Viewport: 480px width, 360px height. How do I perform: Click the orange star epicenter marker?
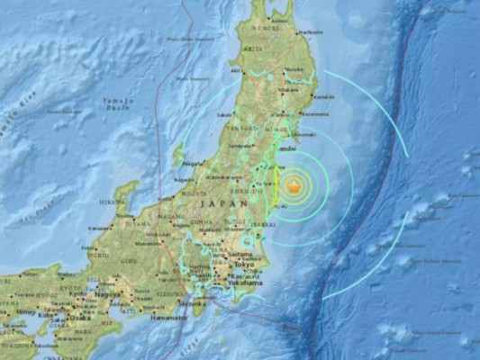coord(293,187)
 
